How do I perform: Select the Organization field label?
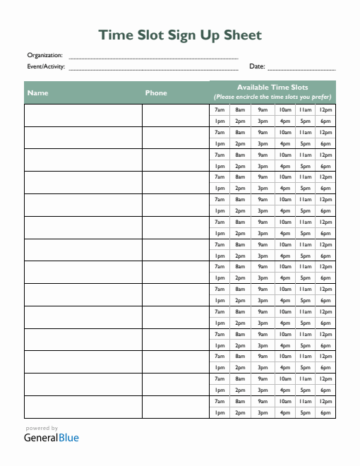click(x=44, y=55)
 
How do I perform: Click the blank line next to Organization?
click(x=153, y=56)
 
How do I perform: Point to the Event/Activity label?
click(x=46, y=66)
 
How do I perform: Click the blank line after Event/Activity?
click(x=153, y=68)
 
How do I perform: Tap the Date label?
click(x=257, y=66)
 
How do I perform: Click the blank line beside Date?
click(x=301, y=68)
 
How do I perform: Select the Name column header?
click(x=38, y=92)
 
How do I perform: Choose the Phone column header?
click(x=156, y=92)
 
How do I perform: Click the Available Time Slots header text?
click(x=272, y=87)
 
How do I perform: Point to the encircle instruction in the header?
click(x=272, y=97)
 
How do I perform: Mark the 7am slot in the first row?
click(x=220, y=110)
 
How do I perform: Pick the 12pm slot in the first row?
click(x=325, y=110)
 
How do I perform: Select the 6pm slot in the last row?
click(x=325, y=412)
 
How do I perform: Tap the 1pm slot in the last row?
click(x=220, y=412)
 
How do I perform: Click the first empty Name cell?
click(x=83, y=115)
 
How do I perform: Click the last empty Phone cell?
click(x=176, y=407)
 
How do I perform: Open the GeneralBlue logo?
click(x=52, y=438)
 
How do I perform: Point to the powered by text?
click(x=42, y=428)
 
